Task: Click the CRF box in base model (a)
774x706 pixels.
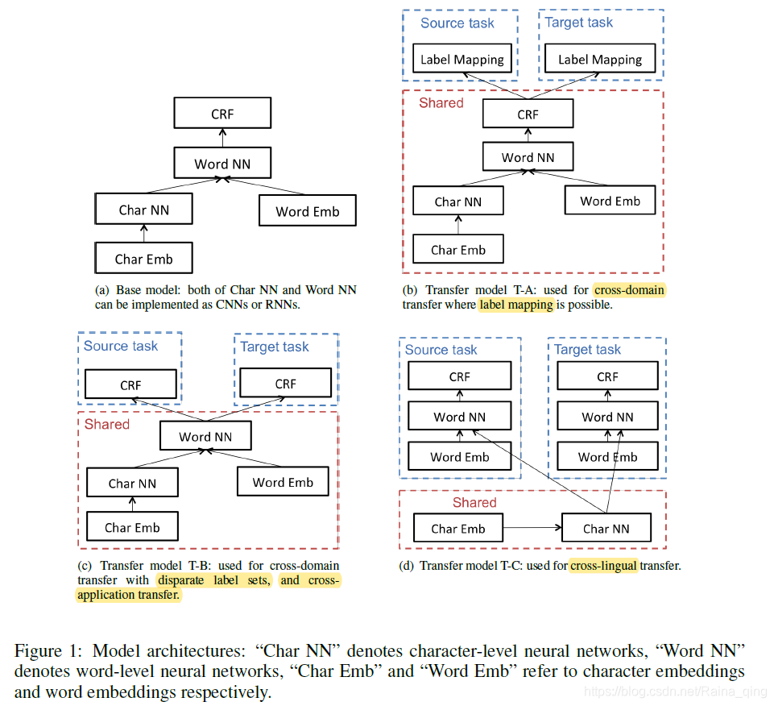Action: (222, 114)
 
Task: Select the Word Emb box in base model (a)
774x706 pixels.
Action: (307, 211)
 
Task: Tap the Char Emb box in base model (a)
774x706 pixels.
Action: (143, 259)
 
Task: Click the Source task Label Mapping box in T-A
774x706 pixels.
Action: (462, 59)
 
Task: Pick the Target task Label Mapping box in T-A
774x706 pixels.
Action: (600, 59)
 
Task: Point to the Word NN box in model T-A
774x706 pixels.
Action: (528, 157)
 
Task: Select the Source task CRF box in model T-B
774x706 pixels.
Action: (130, 384)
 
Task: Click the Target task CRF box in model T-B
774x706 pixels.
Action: (286, 384)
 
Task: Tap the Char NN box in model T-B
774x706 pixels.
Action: (132, 484)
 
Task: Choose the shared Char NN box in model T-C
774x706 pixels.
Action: (606, 529)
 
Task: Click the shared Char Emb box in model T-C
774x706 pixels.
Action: (458, 529)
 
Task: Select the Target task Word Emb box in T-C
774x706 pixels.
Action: (607, 457)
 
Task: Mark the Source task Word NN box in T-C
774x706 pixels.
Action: (460, 417)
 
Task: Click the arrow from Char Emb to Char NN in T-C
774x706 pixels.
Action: (532, 529)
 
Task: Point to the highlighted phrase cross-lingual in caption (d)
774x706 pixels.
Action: (603, 566)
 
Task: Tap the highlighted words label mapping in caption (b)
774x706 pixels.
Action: (516, 305)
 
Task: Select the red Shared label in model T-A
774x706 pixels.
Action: (441, 103)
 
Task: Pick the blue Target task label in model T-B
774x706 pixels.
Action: (275, 347)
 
